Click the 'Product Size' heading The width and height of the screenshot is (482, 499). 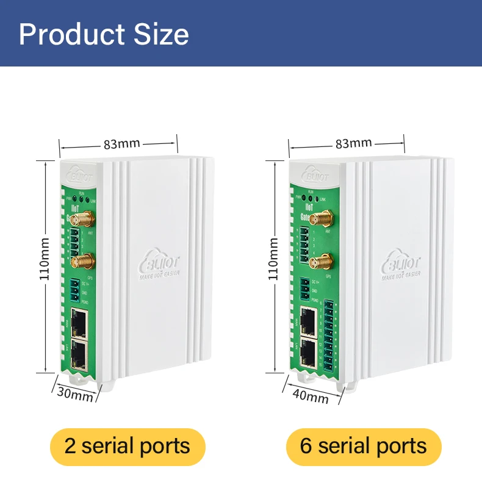[x=104, y=34]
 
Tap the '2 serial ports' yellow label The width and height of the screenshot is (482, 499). [x=128, y=447]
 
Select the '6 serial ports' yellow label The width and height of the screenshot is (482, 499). [x=364, y=447]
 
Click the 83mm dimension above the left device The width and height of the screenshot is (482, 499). [x=121, y=144]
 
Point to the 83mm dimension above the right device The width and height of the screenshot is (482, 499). [x=353, y=143]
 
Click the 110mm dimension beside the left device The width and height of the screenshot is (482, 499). [x=45, y=258]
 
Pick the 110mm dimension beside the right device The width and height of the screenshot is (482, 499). [x=273, y=258]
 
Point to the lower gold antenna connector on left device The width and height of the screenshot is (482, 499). [x=82, y=260]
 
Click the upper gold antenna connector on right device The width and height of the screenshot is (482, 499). [x=319, y=217]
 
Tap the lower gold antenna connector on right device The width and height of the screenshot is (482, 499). [x=317, y=263]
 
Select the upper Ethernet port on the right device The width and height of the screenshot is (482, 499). [x=309, y=320]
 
